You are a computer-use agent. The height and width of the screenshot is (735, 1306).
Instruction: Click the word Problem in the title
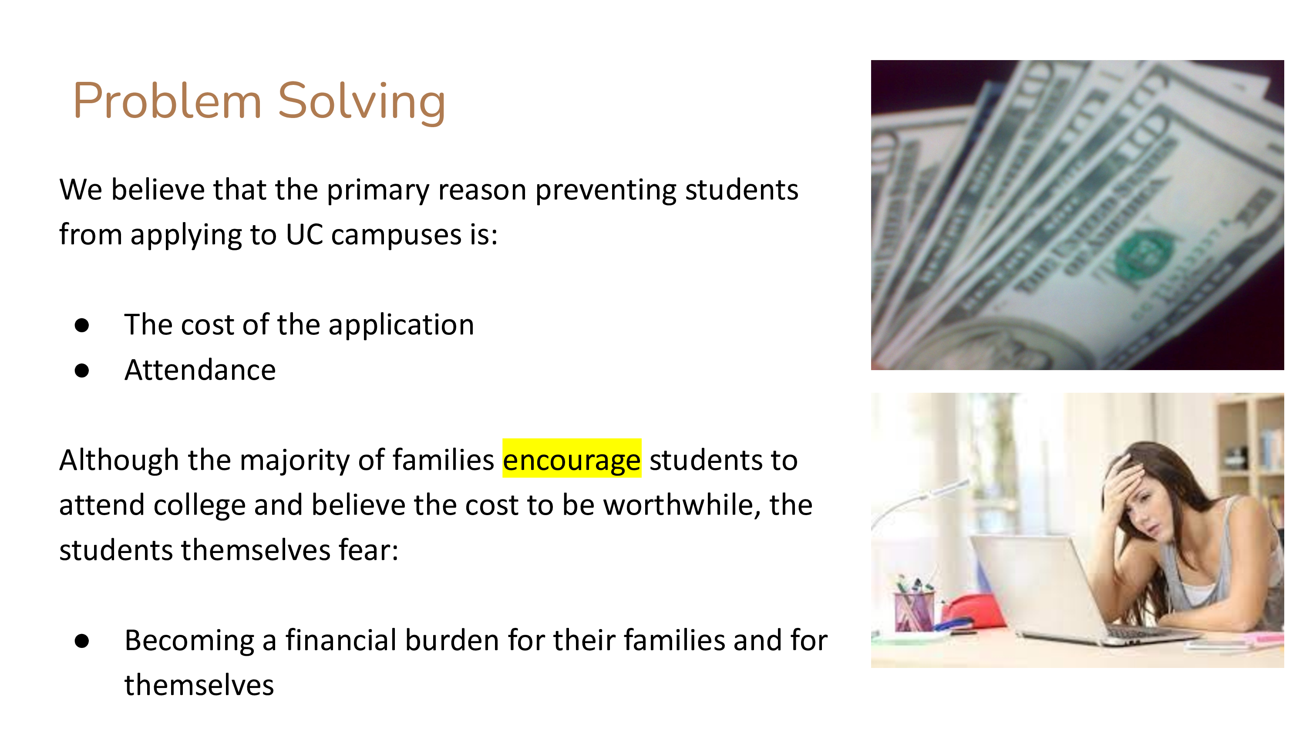tap(167, 101)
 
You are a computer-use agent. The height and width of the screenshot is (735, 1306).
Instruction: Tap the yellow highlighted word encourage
tap(571, 459)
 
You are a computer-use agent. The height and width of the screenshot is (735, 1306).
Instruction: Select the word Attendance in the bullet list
tap(200, 370)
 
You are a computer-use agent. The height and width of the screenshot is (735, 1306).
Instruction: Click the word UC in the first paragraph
tap(304, 235)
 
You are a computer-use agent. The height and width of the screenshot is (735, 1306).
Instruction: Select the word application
tap(401, 325)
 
